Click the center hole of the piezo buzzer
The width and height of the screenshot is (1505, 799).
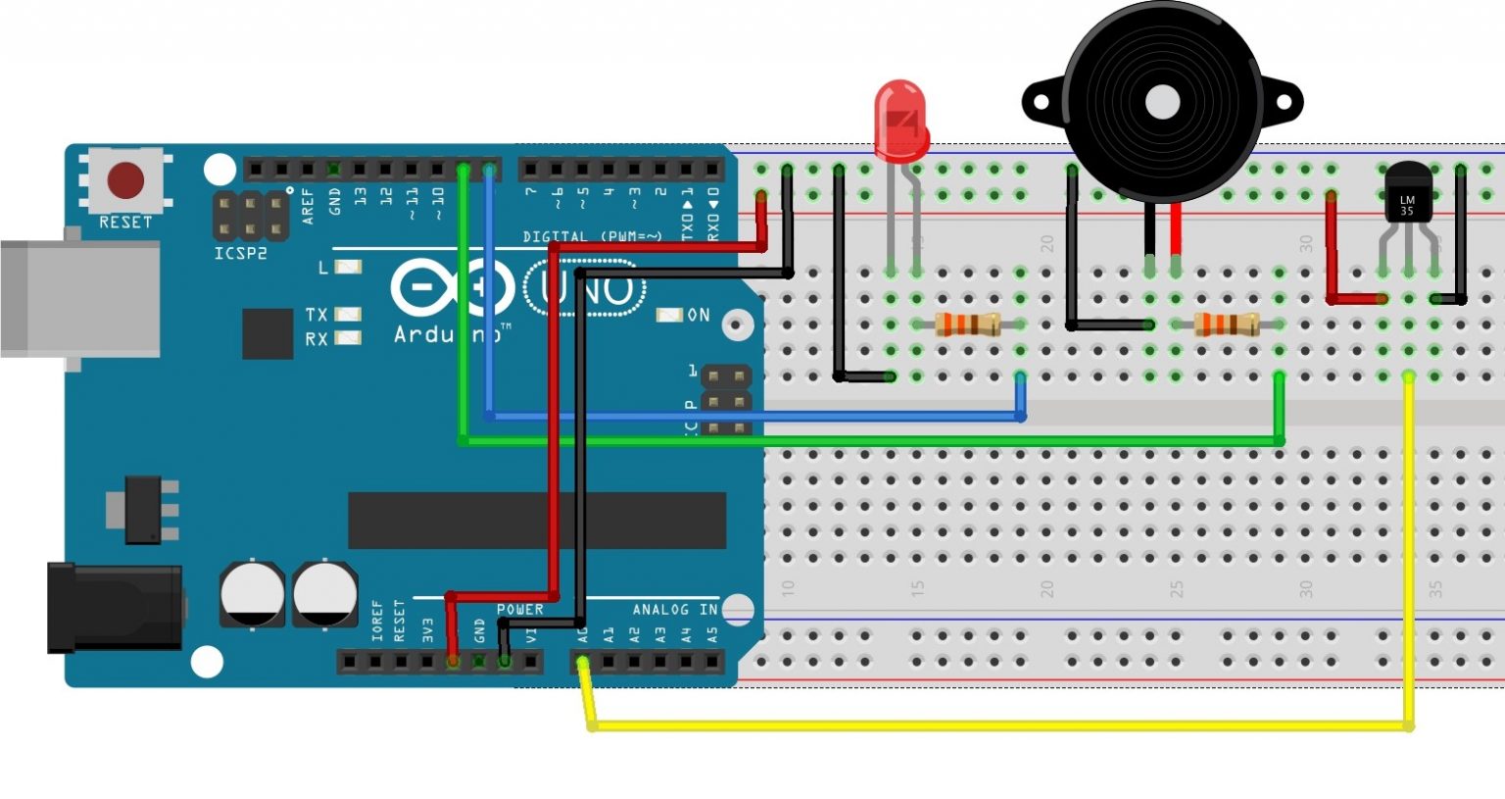1162,102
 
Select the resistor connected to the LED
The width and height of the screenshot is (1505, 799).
967,324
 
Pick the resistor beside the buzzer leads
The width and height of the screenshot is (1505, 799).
1227,324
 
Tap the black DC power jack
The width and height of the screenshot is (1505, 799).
114,608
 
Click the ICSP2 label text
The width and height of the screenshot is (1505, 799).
240,254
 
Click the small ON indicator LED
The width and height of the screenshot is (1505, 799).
669,315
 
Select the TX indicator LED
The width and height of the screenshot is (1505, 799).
348,314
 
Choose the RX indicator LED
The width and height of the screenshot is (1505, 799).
348,338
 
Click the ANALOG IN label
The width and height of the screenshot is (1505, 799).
675,610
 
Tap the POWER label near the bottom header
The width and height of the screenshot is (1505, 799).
519,610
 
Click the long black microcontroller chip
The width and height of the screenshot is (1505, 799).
537,520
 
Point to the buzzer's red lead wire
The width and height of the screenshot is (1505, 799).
1175,230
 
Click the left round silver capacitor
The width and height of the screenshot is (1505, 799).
252,593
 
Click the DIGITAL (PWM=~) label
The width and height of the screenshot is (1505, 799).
593,237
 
